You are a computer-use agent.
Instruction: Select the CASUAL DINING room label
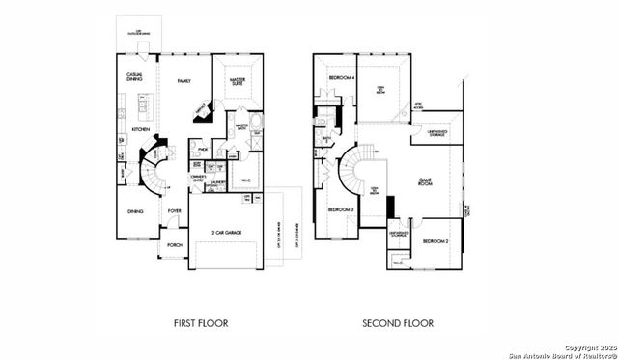coord(136,77)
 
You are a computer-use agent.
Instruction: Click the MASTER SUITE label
coord(238,83)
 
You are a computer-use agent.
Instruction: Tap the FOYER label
coord(175,210)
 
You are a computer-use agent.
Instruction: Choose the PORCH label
coord(175,245)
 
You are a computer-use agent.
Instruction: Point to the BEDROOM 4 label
coord(341,76)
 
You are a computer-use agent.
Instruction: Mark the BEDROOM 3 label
coord(339,209)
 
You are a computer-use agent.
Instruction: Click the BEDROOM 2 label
coord(435,240)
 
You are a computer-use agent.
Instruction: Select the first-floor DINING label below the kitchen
coord(135,210)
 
